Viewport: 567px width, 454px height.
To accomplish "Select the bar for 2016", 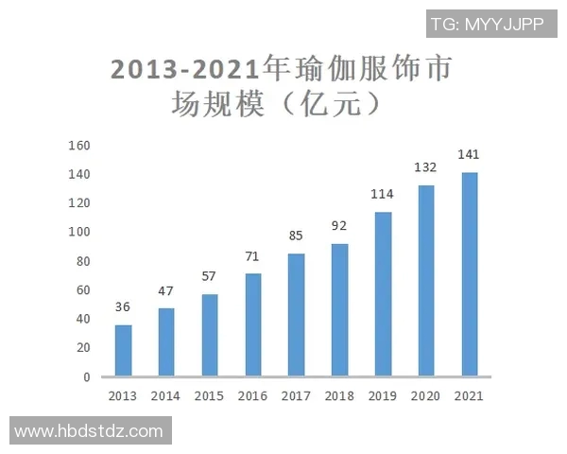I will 253,325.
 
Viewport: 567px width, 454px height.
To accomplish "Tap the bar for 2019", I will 383,294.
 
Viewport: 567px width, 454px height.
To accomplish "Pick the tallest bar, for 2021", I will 469,274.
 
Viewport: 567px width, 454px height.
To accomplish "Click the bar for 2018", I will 339,310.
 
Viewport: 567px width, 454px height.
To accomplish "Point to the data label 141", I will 469,153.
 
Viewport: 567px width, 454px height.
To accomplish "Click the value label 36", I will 123,306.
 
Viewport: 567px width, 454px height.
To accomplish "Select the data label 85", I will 296,235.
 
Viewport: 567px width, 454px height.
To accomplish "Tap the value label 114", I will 383,193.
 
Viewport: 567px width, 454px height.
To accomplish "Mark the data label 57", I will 210,275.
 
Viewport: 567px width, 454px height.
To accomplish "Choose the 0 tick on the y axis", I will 86,377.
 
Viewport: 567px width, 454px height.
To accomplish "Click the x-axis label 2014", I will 165,396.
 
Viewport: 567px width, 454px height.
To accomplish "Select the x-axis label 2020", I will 426,396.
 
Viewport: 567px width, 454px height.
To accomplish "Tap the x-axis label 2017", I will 296,396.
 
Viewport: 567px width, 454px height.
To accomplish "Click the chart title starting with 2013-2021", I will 280,85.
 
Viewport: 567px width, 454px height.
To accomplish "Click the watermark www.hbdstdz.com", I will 90,431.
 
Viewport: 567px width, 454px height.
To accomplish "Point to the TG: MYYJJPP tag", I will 487,24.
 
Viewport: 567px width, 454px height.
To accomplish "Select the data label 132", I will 426,166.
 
